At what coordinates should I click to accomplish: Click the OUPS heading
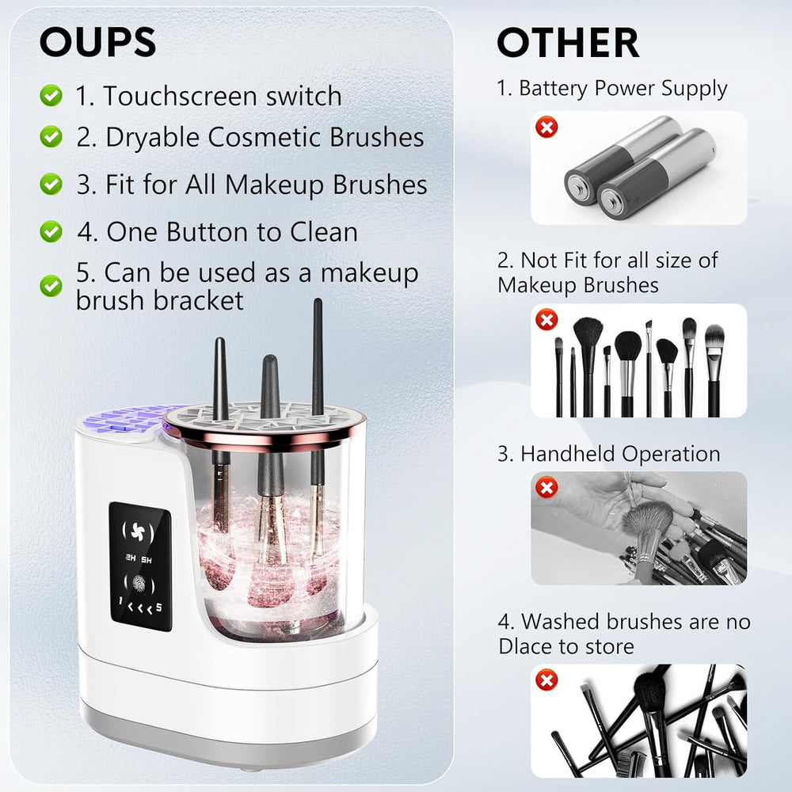tap(97, 43)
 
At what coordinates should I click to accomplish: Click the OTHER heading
tap(567, 43)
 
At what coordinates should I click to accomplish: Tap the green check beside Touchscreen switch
tap(51, 96)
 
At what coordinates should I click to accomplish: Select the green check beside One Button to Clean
tap(51, 232)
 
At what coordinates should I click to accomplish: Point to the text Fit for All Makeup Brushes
tap(252, 185)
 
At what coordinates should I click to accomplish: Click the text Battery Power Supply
tap(623, 89)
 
